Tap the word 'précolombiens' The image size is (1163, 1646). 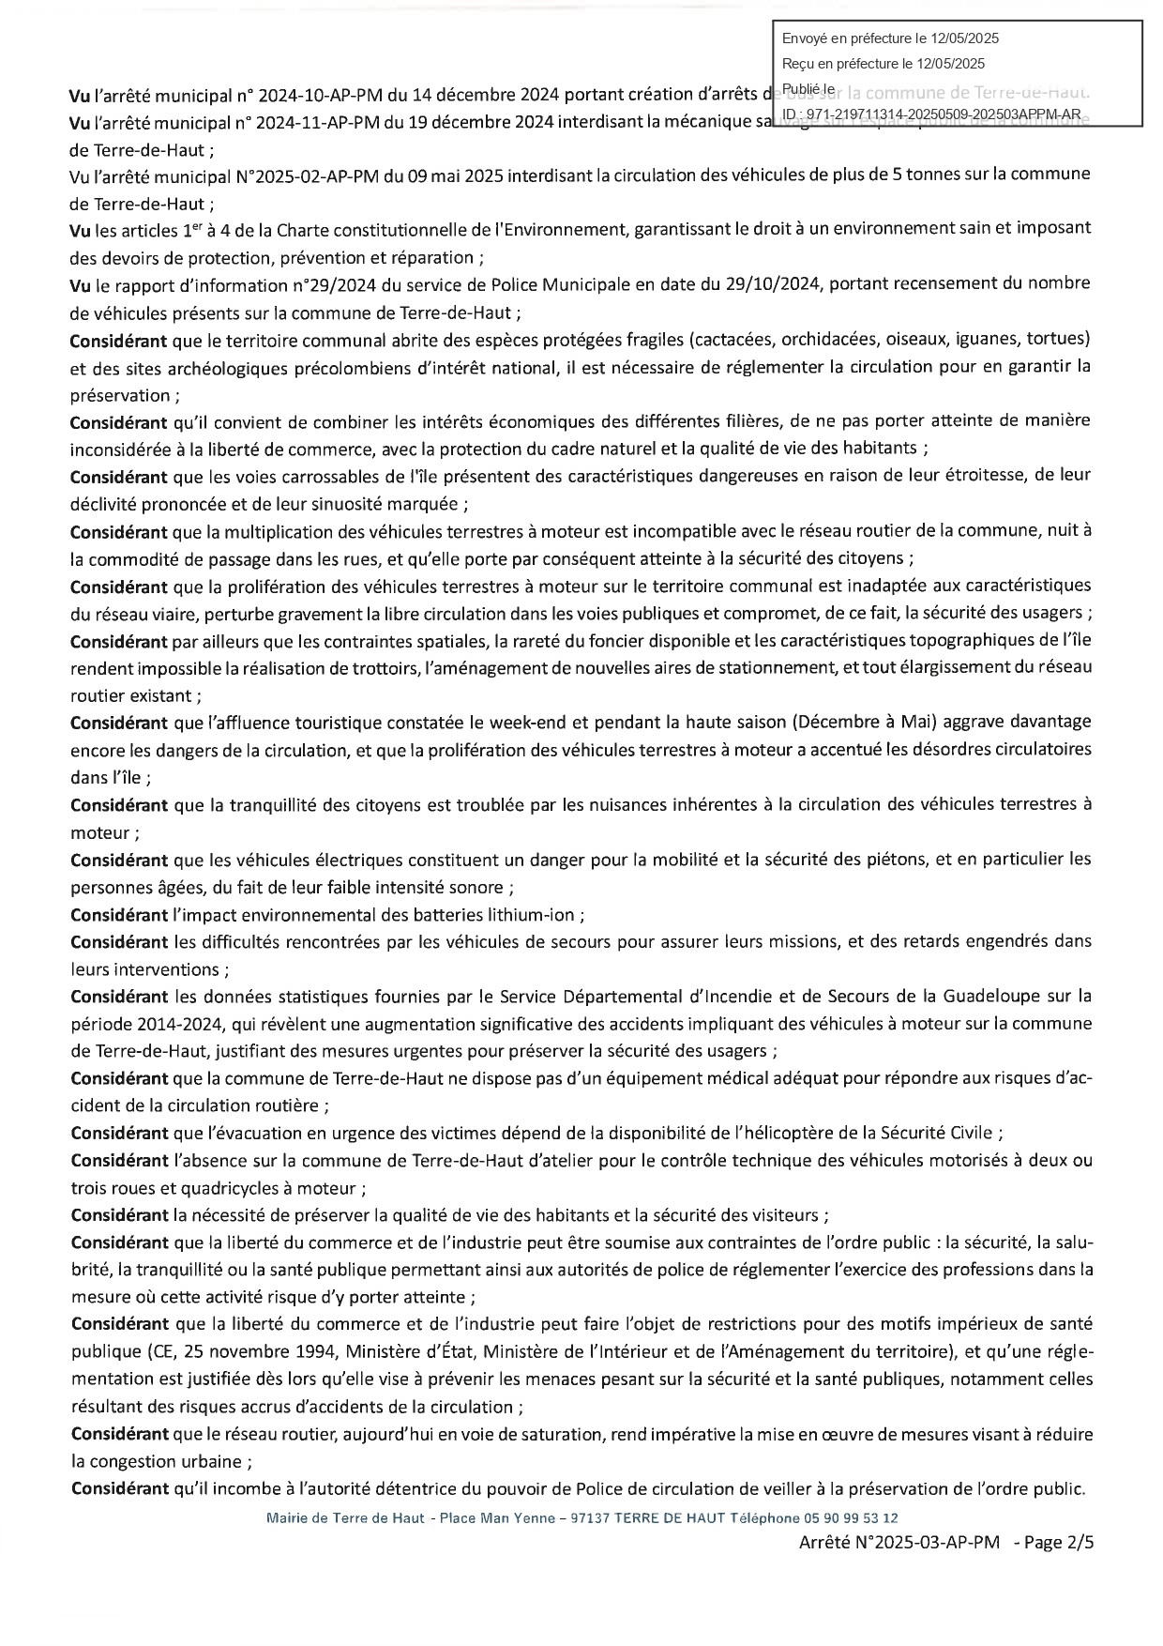[370, 367]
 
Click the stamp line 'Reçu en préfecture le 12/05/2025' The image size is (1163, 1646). [884, 64]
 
